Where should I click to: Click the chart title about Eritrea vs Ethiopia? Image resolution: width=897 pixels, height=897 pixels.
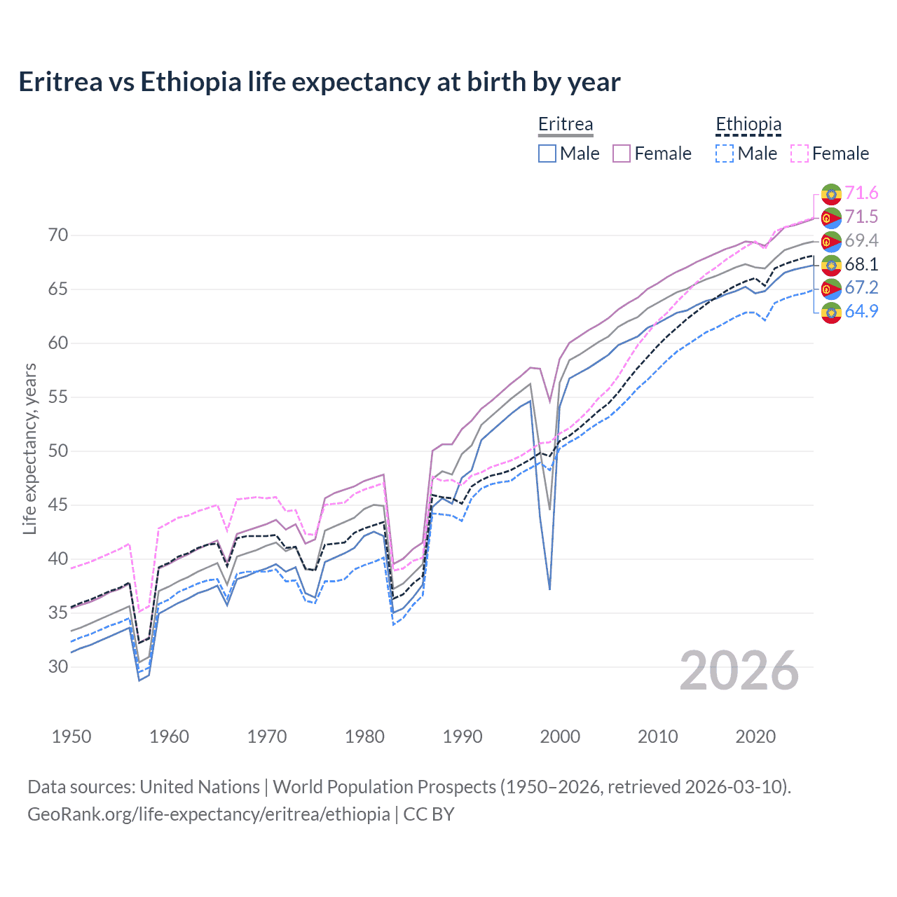(x=320, y=82)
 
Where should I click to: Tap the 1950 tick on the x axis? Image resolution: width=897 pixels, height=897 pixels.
(x=71, y=737)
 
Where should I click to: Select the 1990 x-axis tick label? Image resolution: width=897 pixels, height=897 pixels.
(x=463, y=737)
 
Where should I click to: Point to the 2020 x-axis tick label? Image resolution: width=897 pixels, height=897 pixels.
(x=755, y=737)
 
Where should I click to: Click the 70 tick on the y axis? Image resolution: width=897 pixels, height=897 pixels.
(x=58, y=235)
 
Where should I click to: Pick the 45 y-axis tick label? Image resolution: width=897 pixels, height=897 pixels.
(x=58, y=505)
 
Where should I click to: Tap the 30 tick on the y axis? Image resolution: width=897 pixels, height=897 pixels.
(x=58, y=667)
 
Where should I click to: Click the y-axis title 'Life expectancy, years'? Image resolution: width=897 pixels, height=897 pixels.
(x=29, y=448)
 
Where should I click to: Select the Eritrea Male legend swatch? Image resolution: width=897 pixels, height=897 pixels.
(x=547, y=153)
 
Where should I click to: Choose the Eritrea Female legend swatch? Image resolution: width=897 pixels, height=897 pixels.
(x=622, y=153)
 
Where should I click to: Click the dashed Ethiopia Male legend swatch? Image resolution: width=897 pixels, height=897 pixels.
(x=725, y=153)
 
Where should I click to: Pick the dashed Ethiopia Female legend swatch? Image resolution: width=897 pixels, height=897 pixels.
(x=800, y=153)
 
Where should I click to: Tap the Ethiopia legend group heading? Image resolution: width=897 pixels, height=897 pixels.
(x=748, y=125)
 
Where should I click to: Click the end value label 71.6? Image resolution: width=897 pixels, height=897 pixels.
(x=861, y=193)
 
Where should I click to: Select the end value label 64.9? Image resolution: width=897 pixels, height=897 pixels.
(x=861, y=312)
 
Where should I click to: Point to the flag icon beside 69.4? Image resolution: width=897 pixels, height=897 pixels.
(x=831, y=241)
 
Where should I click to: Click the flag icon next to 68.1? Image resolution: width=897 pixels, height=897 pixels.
(x=831, y=265)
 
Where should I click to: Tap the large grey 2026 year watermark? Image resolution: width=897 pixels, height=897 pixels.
(x=739, y=671)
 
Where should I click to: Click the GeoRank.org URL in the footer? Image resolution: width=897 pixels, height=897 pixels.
(x=209, y=814)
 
